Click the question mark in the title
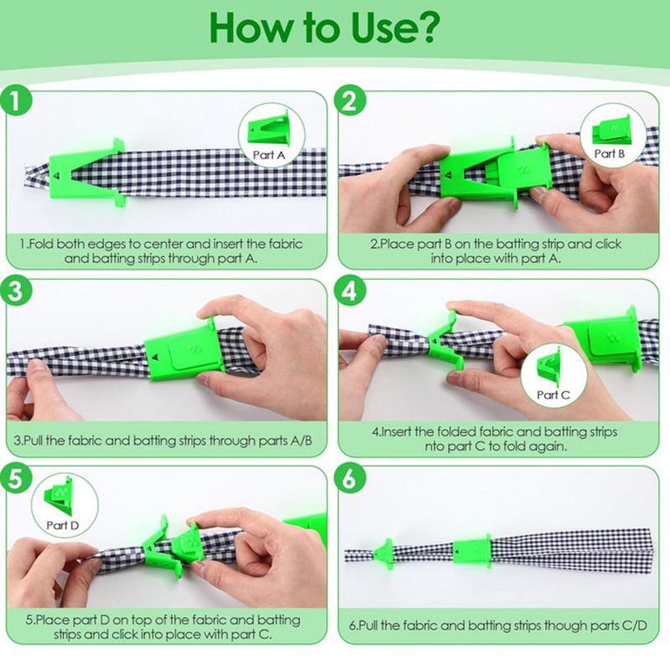(423, 28)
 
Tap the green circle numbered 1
(16, 102)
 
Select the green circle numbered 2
(350, 101)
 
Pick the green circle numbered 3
(16, 291)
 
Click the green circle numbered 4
(350, 291)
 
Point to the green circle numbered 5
(16, 478)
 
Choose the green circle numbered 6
(350, 478)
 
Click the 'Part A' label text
(269, 155)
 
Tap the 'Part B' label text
(610, 153)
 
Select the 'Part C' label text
(554, 394)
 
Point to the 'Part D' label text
(63, 525)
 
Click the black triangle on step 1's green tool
(57, 175)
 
